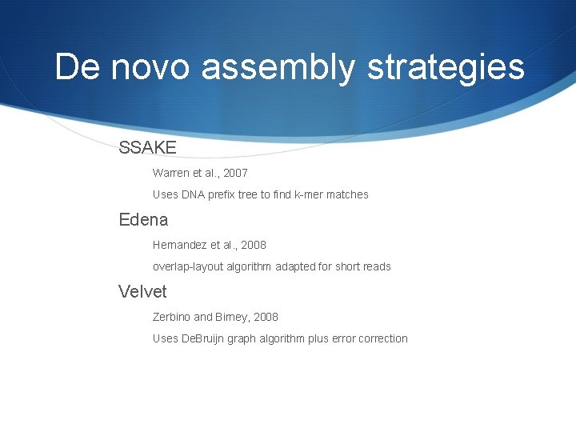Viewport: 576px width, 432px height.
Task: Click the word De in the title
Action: pos(78,67)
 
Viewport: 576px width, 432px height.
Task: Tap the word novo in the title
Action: pos(152,67)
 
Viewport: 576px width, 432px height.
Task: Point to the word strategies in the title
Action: pos(446,69)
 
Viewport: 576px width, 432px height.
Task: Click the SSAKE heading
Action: pos(147,147)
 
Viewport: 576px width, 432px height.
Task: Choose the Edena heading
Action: pos(143,219)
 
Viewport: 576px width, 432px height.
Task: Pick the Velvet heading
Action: pos(142,291)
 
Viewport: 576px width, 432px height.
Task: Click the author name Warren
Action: pos(171,173)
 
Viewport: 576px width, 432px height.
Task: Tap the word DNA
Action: pos(194,194)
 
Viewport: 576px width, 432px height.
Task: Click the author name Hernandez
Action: pos(180,245)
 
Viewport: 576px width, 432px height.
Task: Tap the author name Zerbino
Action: pos(171,317)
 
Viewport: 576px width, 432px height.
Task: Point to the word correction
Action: pos(382,338)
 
